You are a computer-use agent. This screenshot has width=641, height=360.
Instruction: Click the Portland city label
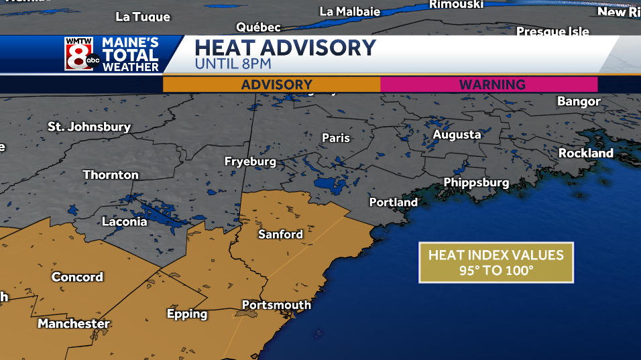click(393, 202)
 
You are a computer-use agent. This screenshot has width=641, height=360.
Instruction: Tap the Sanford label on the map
click(280, 234)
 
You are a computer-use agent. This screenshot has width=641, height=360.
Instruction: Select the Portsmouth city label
click(276, 305)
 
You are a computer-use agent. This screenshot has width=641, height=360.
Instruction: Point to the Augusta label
click(457, 134)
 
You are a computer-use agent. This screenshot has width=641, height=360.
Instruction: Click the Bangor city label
click(579, 101)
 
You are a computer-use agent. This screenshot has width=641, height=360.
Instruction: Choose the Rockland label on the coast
click(586, 153)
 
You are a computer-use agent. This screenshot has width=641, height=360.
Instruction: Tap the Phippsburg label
click(476, 182)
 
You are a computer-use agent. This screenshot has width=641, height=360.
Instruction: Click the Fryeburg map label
click(250, 162)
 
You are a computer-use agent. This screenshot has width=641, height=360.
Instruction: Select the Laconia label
click(124, 221)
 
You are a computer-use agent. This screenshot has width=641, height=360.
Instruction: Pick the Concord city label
click(77, 277)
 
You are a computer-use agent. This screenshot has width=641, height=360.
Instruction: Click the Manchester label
click(74, 324)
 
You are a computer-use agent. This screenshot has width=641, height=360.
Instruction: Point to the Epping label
click(187, 314)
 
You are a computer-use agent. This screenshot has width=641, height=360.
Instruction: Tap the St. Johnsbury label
click(89, 126)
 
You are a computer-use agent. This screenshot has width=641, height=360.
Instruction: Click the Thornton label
click(111, 174)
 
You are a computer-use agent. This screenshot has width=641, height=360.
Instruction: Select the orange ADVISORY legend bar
click(272, 84)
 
